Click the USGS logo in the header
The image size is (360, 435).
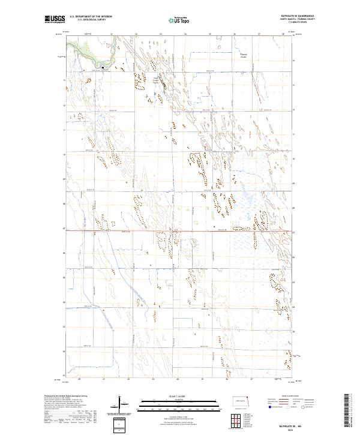(55, 19)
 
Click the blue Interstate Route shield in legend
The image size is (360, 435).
(267, 407)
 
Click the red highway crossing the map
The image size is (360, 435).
(180, 230)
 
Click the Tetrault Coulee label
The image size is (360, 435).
(244, 56)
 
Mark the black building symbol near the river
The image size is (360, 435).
(103, 67)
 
